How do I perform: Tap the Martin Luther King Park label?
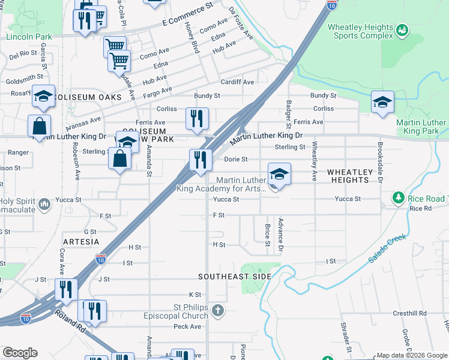[x=422, y=127]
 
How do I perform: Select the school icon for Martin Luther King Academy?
[x=279, y=175]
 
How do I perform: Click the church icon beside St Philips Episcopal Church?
[x=217, y=311]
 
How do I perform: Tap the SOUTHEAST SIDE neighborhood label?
[x=235, y=277]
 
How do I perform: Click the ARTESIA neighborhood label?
[x=80, y=241]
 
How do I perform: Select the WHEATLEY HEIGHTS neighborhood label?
[x=356, y=176]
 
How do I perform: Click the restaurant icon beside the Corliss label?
[x=196, y=119]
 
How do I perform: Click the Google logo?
[x=20, y=352]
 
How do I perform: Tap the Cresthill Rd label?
[x=409, y=313]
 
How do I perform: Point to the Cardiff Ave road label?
[x=237, y=82]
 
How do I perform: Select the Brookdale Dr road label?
[x=380, y=162]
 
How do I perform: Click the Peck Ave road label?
[x=187, y=326]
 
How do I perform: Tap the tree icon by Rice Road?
[x=398, y=197]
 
